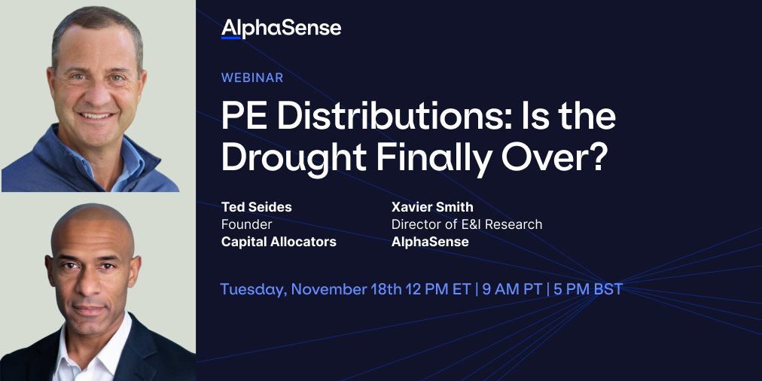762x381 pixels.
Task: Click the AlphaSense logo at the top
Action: pyautogui.click(x=281, y=29)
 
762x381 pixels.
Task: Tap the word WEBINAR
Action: pyautogui.click(x=252, y=78)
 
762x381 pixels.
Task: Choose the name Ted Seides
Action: pyautogui.click(x=257, y=206)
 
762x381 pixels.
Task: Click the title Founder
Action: pyautogui.click(x=246, y=224)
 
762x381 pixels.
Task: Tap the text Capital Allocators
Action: pyautogui.click(x=279, y=242)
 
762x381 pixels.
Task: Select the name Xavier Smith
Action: pyautogui.click(x=433, y=206)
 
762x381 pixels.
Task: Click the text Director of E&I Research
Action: pyautogui.click(x=467, y=224)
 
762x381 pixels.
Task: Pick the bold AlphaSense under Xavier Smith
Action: pyautogui.click(x=430, y=242)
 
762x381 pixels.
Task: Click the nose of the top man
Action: pyautogui.click(x=96, y=96)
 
